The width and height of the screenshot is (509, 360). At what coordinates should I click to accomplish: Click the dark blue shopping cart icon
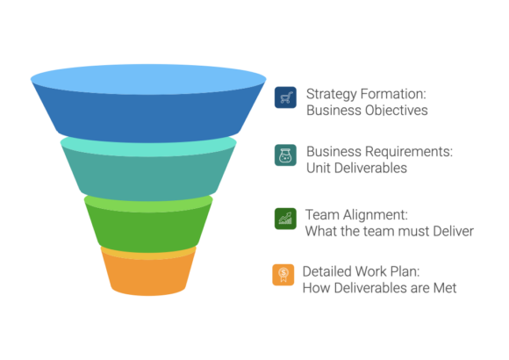pos(285,97)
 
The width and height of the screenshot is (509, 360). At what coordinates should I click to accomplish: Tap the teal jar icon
pos(285,155)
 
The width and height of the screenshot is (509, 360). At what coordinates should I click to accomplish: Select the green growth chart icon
pos(285,219)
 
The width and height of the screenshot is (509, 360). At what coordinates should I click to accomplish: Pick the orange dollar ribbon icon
pos(283,275)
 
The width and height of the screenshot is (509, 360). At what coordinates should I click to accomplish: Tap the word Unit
pos(319,168)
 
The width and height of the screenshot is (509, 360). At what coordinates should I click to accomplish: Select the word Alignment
pos(376,215)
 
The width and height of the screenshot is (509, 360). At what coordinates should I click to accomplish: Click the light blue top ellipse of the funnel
pos(148,79)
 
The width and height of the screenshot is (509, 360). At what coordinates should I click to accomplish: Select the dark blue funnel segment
pos(148,118)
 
